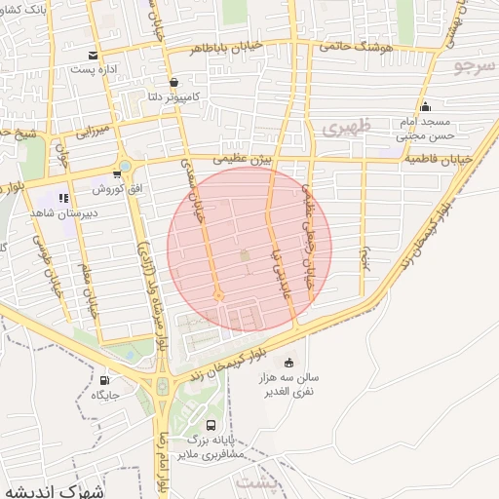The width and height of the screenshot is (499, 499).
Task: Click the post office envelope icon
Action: [93, 56]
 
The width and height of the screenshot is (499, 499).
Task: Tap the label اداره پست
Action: [95, 70]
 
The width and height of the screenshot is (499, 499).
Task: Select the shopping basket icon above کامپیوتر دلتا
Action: [173, 83]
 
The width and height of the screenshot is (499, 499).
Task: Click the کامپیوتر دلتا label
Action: [169, 97]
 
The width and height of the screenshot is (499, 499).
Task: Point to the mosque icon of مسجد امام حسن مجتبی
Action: [424, 107]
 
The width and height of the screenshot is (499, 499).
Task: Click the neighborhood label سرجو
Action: [476, 66]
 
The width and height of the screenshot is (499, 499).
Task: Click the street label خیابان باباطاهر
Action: [225, 47]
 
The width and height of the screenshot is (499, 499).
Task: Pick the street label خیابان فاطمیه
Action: [438, 158]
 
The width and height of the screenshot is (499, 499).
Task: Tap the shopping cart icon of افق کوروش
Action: [117, 174]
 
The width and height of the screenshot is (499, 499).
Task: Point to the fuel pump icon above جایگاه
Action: [104, 381]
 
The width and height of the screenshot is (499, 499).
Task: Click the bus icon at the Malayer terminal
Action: [211, 425]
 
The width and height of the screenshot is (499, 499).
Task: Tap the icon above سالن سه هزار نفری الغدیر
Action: [288, 363]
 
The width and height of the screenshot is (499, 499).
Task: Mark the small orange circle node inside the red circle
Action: [218, 295]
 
